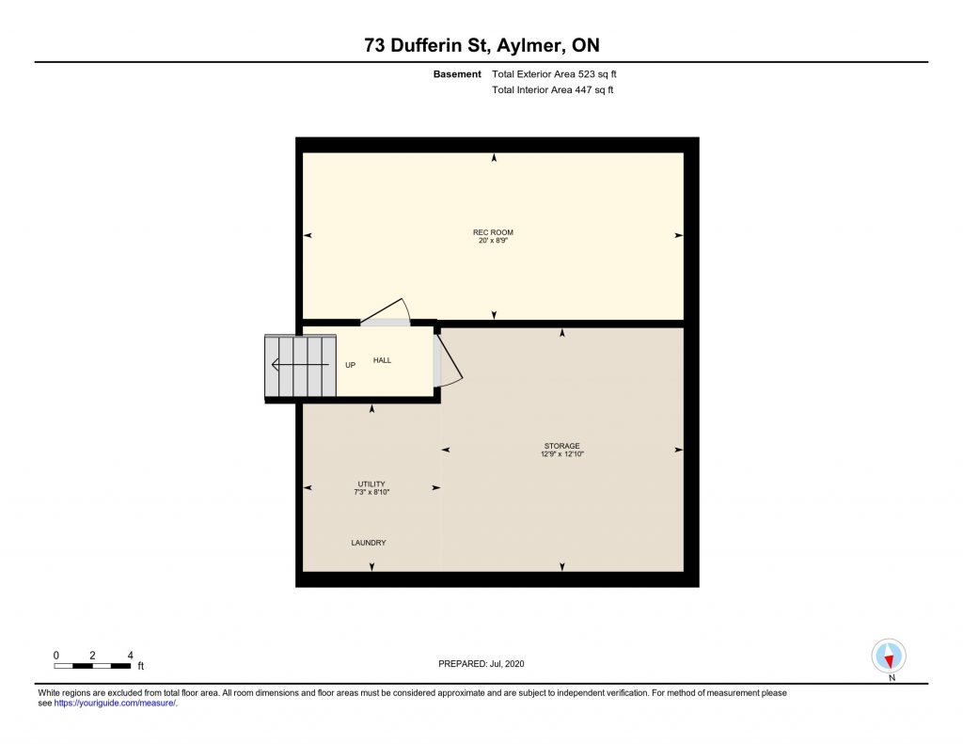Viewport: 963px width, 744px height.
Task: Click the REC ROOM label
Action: click(493, 232)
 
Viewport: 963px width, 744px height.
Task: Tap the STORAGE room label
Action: click(562, 446)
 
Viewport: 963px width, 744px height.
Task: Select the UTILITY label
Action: click(371, 484)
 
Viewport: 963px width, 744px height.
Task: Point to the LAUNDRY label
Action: click(369, 543)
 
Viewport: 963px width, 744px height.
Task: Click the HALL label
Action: click(382, 360)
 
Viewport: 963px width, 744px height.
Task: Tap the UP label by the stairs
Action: click(350, 365)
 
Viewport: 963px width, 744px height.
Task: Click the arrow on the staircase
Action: click(300, 365)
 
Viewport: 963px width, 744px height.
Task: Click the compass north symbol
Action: click(889, 657)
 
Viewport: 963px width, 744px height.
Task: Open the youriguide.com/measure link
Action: click(115, 703)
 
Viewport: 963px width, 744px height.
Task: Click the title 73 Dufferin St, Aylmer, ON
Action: click(481, 45)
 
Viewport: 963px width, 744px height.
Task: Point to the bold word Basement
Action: click(457, 74)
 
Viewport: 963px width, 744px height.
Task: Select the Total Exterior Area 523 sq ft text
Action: click(554, 74)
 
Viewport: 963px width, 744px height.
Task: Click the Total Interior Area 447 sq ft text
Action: click(553, 89)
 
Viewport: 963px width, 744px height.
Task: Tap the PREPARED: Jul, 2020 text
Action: click(481, 663)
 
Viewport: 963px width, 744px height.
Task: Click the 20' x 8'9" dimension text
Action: click(493, 240)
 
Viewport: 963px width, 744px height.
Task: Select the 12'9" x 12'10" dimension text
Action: click(562, 454)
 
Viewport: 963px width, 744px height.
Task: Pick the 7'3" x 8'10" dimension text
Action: click(371, 492)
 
